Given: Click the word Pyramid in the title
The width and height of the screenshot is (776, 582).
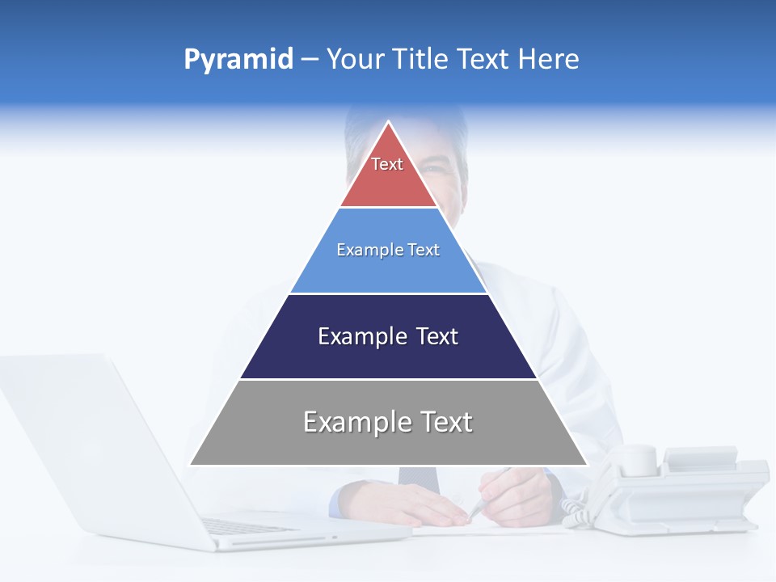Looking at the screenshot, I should (238, 60).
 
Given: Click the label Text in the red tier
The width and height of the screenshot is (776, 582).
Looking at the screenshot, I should (387, 164).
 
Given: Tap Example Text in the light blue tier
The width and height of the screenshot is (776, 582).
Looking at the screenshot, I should (388, 250).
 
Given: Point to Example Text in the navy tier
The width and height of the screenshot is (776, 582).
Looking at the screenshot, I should (388, 336).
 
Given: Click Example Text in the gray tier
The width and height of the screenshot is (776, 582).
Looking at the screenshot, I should (388, 422).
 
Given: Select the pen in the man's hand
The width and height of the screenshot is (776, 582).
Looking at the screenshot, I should (485, 497).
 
